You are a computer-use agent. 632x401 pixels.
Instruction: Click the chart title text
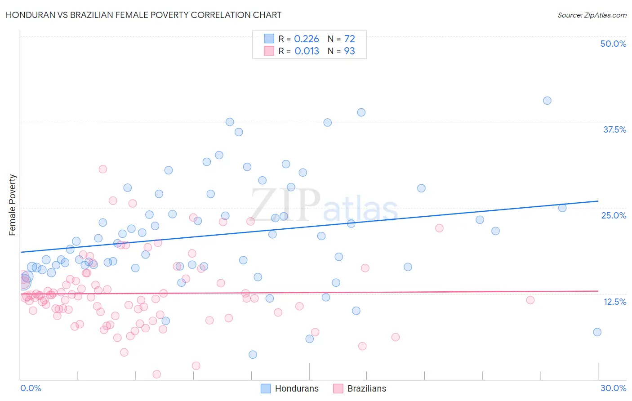coord(143,15)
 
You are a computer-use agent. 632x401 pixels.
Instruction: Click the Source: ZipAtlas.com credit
coord(592,15)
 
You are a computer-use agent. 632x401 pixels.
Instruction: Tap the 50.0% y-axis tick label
coord(613,44)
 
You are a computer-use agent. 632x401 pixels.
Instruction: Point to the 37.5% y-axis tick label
coord(614,129)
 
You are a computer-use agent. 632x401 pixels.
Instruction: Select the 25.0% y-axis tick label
coord(614,215)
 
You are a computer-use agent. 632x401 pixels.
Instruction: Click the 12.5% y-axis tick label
coord(614,302)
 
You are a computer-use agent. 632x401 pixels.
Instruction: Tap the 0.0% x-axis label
coord(31,388)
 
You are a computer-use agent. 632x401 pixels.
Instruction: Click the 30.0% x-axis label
coord(613,388)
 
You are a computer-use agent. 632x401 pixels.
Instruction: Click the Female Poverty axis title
coord(13,205)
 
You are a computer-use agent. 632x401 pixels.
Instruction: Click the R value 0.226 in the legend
coord(306,39)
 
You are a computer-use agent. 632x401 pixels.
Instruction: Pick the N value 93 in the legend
coord(349,51)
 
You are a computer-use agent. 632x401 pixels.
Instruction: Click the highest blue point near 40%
coord(547,101)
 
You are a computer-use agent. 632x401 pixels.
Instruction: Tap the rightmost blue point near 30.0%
coord(597,332)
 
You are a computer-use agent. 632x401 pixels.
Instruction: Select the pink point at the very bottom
coord(157,374)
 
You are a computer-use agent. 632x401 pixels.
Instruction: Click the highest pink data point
coord(102,169)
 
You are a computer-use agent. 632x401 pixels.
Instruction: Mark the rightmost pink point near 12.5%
coord(530,300)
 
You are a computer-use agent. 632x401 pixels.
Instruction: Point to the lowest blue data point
coord(253,355)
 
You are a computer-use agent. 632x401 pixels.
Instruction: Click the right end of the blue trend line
coord(598,201)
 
